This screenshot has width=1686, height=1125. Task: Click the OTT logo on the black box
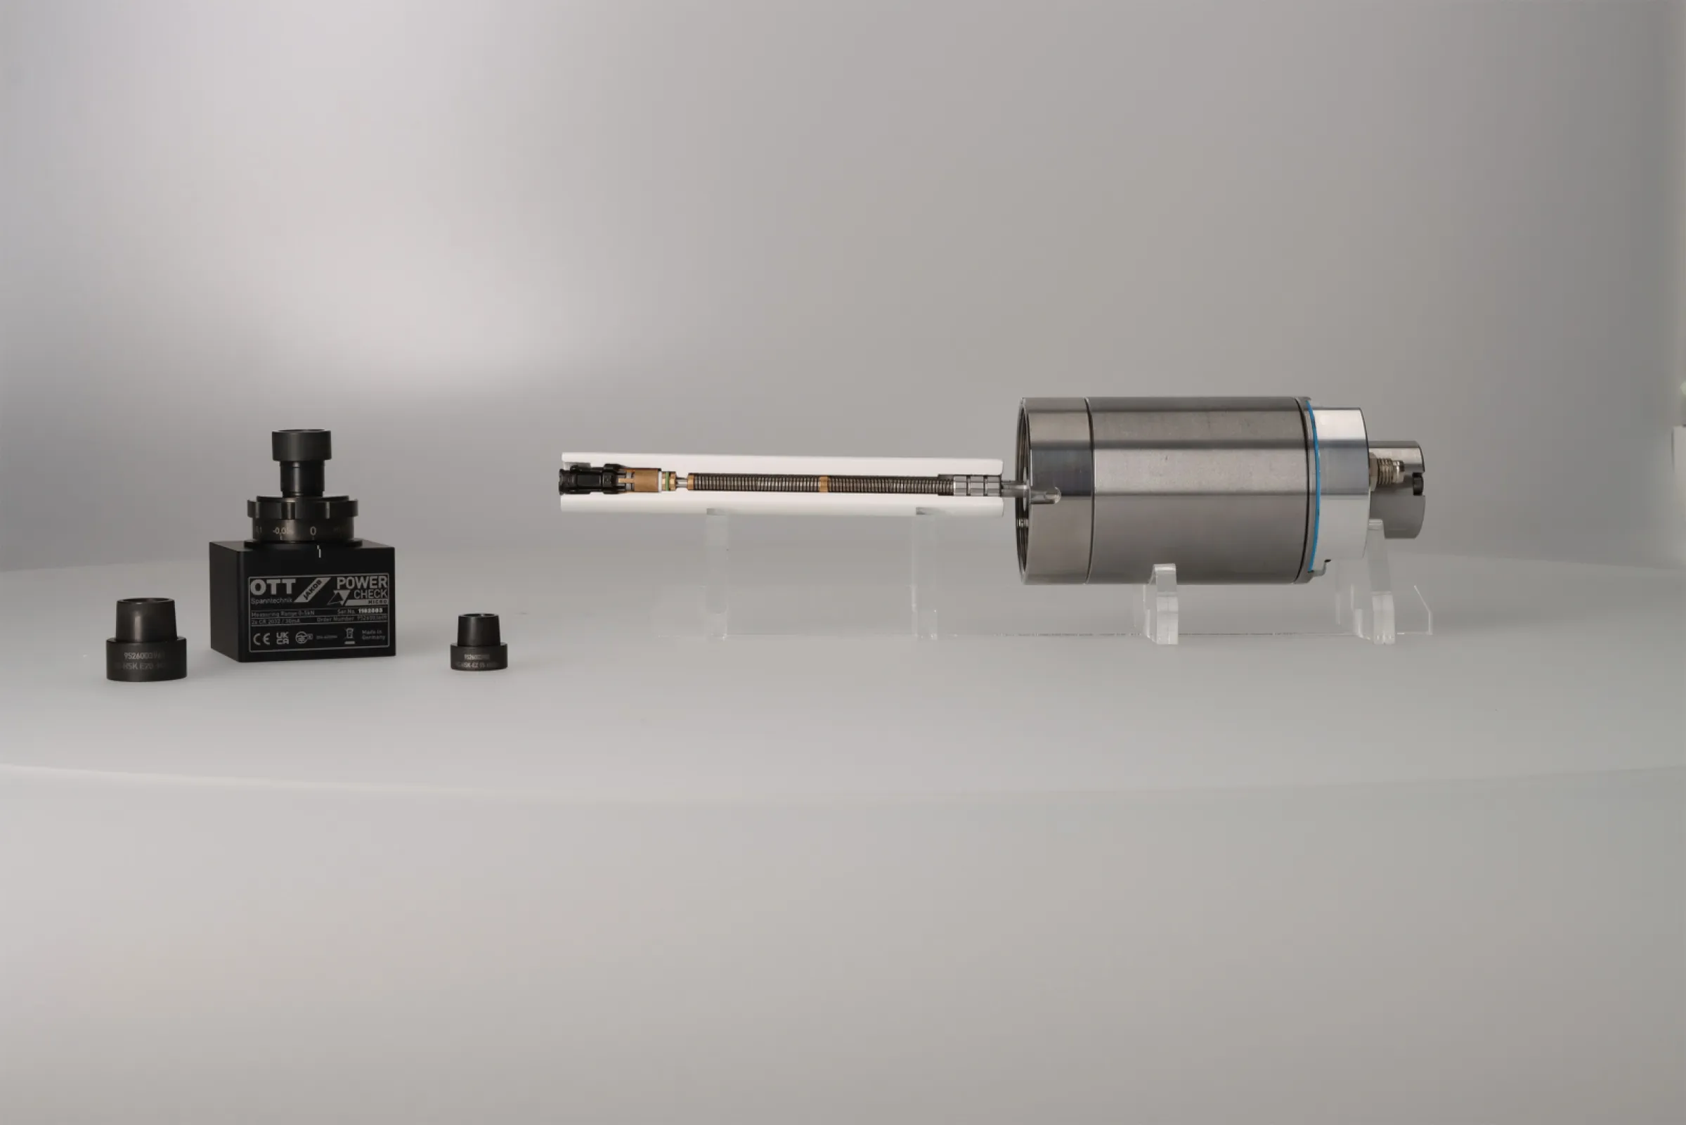point(272,587)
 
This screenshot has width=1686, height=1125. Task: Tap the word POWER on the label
point(362,583)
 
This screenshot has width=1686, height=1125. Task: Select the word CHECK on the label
point(370,595)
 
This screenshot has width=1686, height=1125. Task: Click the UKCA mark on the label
point(283,638)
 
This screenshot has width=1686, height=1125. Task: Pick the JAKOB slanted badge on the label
point(311,590)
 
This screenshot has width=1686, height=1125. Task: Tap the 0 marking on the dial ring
point(313,531)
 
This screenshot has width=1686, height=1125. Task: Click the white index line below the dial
point(319,553)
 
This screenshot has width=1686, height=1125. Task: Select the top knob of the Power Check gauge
point(301,445)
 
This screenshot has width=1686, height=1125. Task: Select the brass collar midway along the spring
point(823,484)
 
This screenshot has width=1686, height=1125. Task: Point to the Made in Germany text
point(373,635)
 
